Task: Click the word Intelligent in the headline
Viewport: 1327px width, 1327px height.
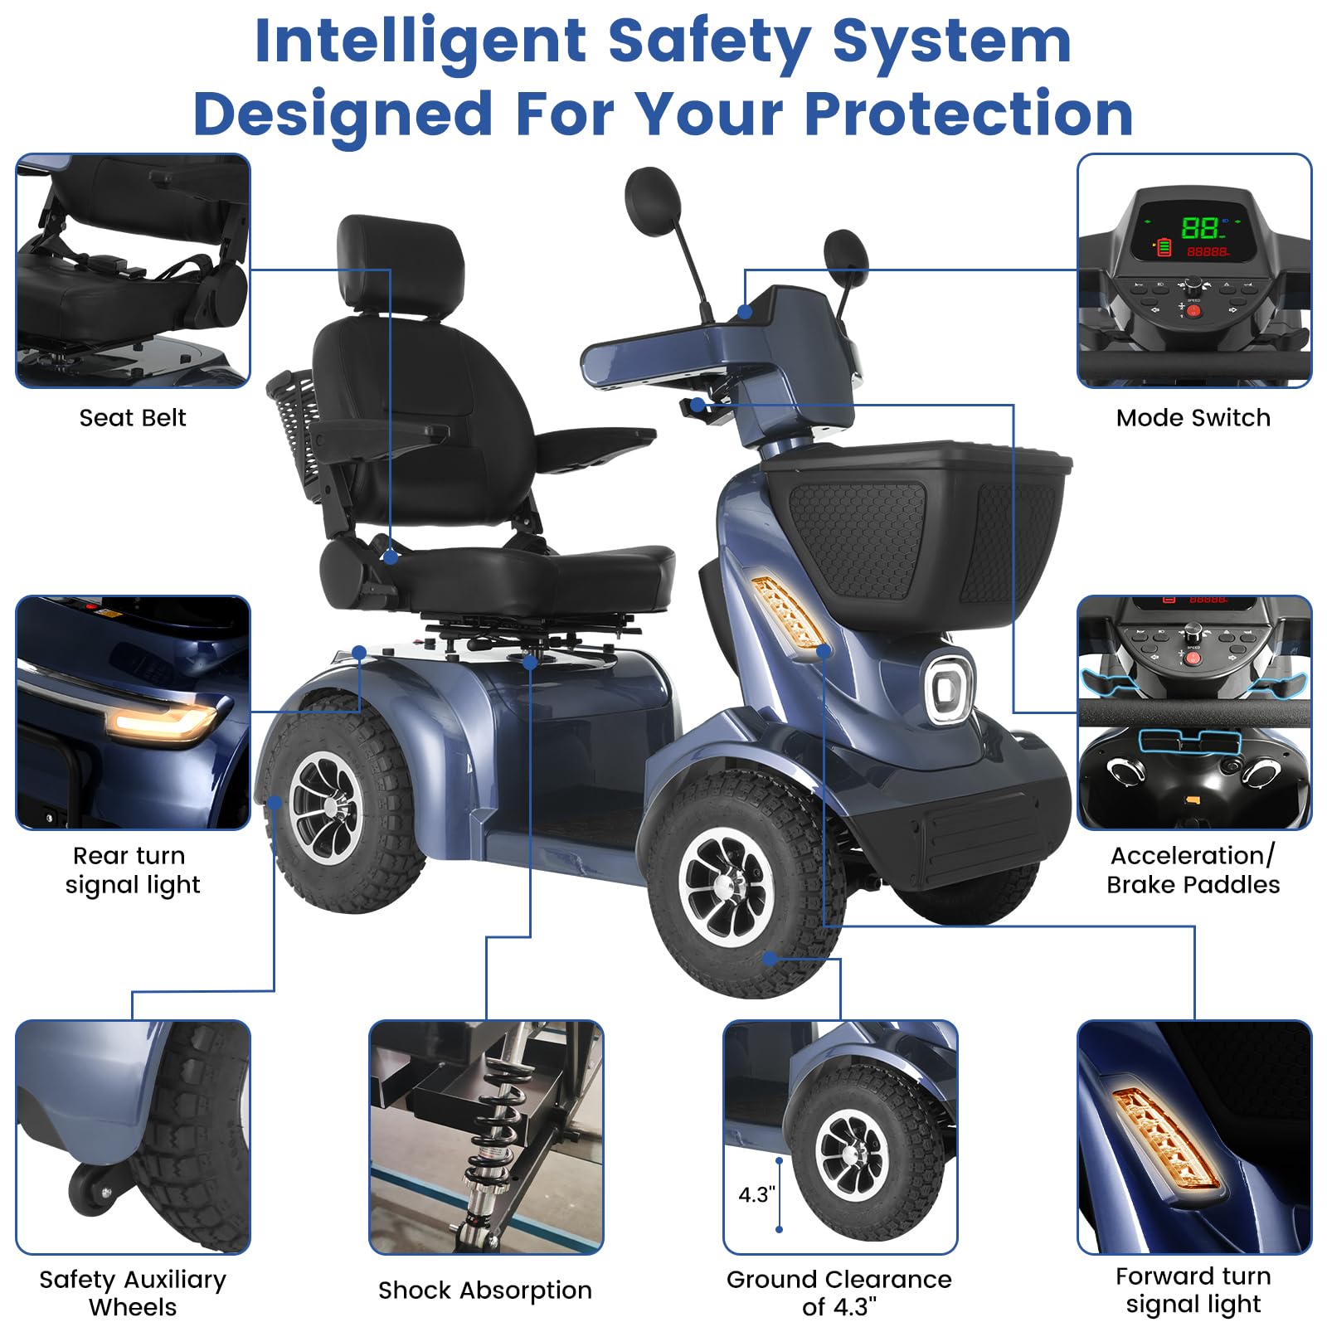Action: tap(420, 41)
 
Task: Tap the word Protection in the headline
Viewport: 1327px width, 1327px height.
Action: tap(969, 114)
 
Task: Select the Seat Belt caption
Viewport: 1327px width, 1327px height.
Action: tap(133, 417)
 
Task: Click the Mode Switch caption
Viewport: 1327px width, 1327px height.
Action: tap(1193, 417)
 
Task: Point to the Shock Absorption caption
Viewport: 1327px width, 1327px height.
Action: tap(485, 1290)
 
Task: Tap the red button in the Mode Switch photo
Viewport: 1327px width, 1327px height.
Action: tap(1193, 312)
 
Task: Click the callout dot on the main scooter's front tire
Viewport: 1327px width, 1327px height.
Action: tap(770, 958)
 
